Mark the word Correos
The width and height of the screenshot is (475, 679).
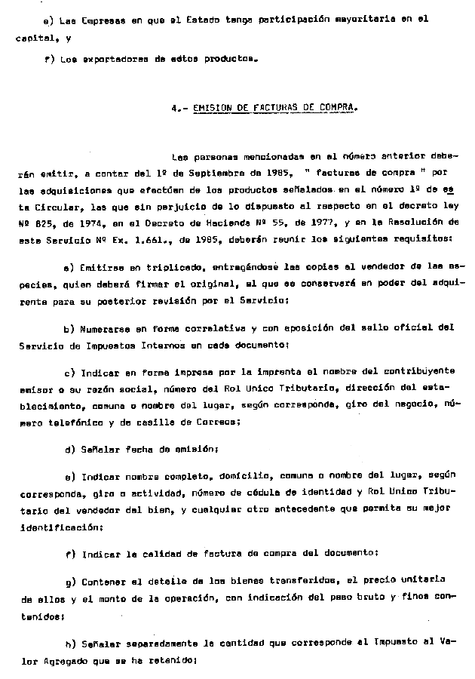219,422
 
